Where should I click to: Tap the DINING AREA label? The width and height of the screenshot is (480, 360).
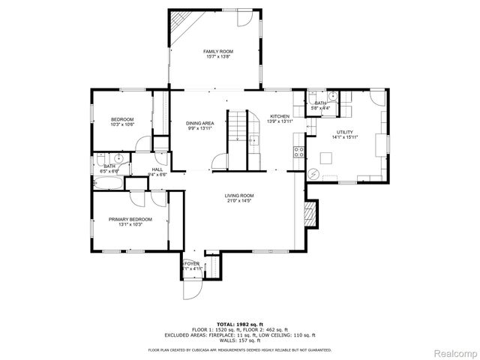pos(200,123)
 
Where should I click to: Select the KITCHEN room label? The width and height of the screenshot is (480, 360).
pos(280,116)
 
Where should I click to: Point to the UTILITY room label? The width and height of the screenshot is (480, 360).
pos(345,132)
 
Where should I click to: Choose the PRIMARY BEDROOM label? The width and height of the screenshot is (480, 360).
pos(130,219)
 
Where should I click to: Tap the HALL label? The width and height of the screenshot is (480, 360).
pos(157,169)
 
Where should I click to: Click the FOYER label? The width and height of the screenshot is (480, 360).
pos(192,263)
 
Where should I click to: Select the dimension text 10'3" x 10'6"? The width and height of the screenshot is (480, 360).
pos(122,124)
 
